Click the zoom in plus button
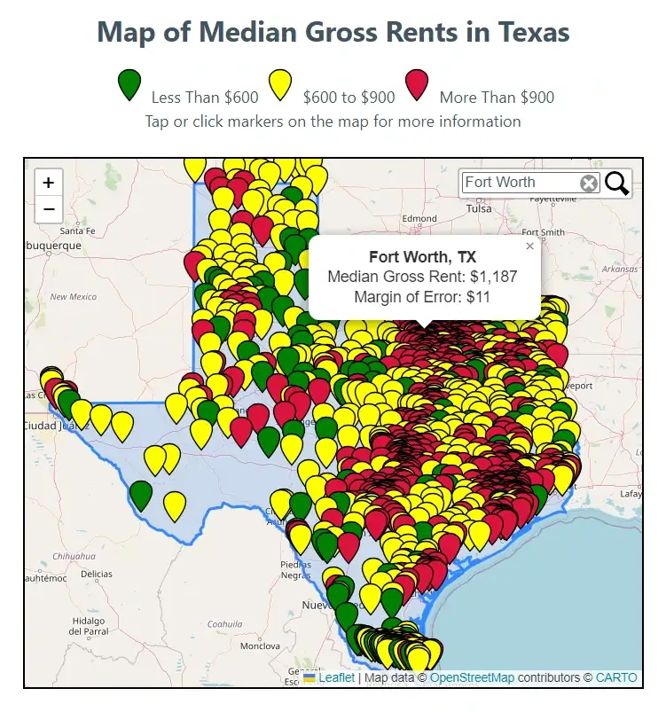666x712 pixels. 48,183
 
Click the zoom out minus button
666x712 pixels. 48,210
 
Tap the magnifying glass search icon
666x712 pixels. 617,184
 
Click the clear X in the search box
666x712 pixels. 589,184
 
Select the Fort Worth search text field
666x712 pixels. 518,183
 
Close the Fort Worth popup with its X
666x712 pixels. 530,246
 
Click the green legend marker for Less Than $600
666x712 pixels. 129,83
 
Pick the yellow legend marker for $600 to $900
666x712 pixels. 281,83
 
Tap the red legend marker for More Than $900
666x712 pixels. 417,83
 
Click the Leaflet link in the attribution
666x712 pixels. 336,677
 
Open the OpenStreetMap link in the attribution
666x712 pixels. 472,677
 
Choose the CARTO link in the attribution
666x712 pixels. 615,677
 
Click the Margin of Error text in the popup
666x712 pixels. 421,297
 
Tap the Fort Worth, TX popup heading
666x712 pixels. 422,257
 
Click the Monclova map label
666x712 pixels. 260,645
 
